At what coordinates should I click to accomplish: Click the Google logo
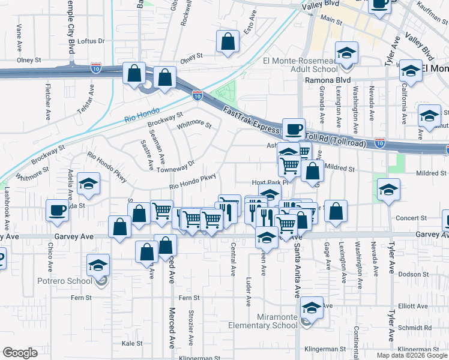pyautogui.click(x=20, y=353)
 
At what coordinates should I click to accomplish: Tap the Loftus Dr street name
pyautogui.click(x=91, y=41)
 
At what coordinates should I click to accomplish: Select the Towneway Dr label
pyautogui.click(x=176, y=166)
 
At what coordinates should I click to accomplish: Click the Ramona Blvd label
pyautogui.click(x=327, y=80)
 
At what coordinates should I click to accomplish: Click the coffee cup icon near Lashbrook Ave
pyautogui.click(x=58, y=209)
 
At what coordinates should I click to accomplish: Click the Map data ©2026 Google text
pyautogui.click(x=412, y=355)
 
